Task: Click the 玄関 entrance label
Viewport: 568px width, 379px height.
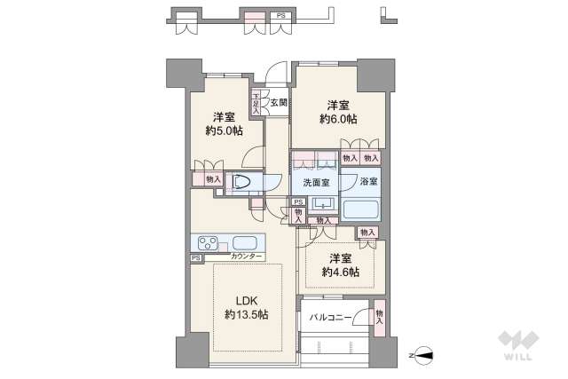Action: (x=279, y=103)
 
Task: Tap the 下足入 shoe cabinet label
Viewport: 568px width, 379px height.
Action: (x=256, y=103)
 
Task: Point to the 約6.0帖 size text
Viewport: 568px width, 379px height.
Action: (x=341, y=118)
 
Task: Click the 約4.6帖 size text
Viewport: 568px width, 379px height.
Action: (x=341, y=272)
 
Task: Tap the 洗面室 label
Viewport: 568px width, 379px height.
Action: (x=316, y=182)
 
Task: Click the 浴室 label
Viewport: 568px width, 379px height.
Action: (x=368, y=182)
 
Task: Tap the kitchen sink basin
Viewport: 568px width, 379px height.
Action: (x=246, y=242)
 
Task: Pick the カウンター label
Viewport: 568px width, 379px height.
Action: (x=246, y=257)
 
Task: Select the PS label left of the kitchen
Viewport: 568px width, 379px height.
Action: (x=195, y=258)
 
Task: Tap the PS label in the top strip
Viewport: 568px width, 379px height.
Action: (x=280, y=16)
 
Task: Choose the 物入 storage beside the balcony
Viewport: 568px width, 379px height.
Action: (x=380, y=316)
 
